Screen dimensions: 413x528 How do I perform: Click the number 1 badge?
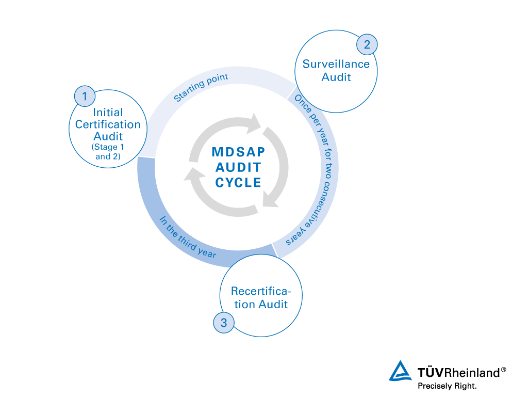[x=85, y=96]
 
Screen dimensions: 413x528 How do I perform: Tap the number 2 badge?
[x=367, y=44]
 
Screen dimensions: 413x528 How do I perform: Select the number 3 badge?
[x=223, y=323]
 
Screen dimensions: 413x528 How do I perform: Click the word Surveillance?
[x=336, y=64]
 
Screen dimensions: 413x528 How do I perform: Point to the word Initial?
[x=108, y=112]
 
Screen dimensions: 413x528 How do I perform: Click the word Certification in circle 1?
[x=108, y=124]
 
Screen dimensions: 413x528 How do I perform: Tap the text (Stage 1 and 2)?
[x=108, y=151]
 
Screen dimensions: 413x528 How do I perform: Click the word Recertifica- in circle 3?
[x=261, y=291]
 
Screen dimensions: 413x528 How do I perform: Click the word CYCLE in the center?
[x=238, y=183]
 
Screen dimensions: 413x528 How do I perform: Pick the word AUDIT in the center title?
[x=238, y=167]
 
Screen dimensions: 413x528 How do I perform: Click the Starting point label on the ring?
[x=201, y=87]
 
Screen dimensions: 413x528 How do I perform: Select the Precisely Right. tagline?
[x=447, y=386]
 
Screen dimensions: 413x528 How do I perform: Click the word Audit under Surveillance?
[x=336, y=77]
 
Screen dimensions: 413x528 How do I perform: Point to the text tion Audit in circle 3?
[x=261, y=304]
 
